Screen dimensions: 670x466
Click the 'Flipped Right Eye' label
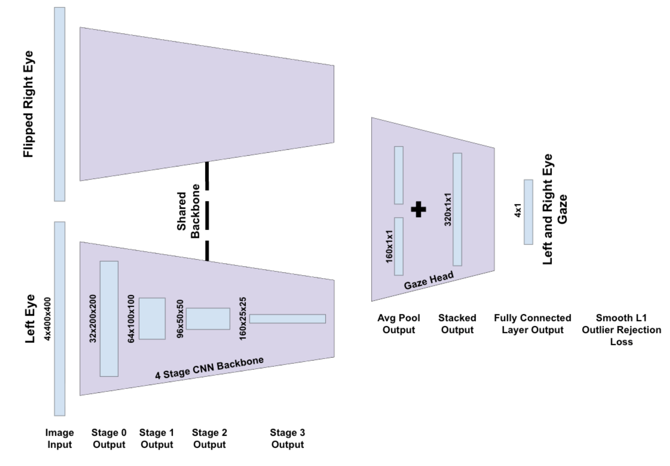click(x=29, y=104)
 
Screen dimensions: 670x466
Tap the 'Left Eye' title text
click(x=30, y=319)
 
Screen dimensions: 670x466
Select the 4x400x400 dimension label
click(x=48, y=319)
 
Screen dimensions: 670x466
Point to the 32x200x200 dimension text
click(x=92, y=319)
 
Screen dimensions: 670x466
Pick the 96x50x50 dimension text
click(x=180, y=319)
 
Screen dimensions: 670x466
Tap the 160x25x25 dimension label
click(x=243, y=319)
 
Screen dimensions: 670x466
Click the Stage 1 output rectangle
click(x=152, y=319)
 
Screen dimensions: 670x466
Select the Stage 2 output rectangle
click(x=208, y=319)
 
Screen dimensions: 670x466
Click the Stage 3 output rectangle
click(x=288, y=319)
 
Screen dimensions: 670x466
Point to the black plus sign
click(x=418, y=209)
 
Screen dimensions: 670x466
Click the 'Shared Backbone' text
click(x=188, y=211)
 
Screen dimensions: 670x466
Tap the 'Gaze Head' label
click(x=429, y=280)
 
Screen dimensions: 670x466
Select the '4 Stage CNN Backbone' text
click(x=210, y=368)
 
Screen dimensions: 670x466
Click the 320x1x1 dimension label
click(x=448, y=210)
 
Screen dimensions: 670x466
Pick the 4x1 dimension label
click(x=518, y=210)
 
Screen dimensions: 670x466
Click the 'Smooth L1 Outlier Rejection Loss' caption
click(x=622, y=330)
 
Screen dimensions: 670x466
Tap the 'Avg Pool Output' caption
click(x=399, y=324)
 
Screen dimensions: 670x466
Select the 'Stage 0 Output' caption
click(x=109, y=438)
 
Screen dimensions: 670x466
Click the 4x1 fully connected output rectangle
click(x=528, y=212)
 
